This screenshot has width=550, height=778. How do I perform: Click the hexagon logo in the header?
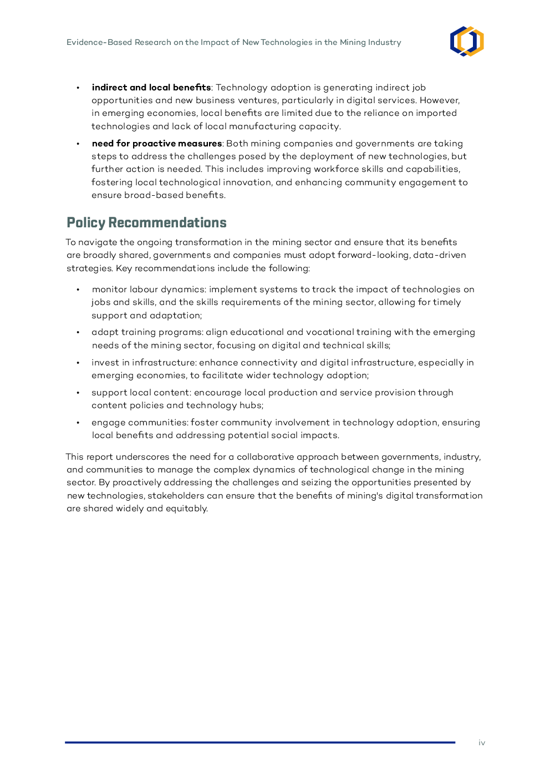467,42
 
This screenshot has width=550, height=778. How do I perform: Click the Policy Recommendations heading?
146,223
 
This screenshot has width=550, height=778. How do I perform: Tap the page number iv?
482,743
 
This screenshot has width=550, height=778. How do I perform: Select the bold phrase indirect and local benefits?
151,88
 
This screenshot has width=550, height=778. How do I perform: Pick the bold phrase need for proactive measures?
156,144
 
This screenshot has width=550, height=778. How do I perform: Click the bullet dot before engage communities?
78,423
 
